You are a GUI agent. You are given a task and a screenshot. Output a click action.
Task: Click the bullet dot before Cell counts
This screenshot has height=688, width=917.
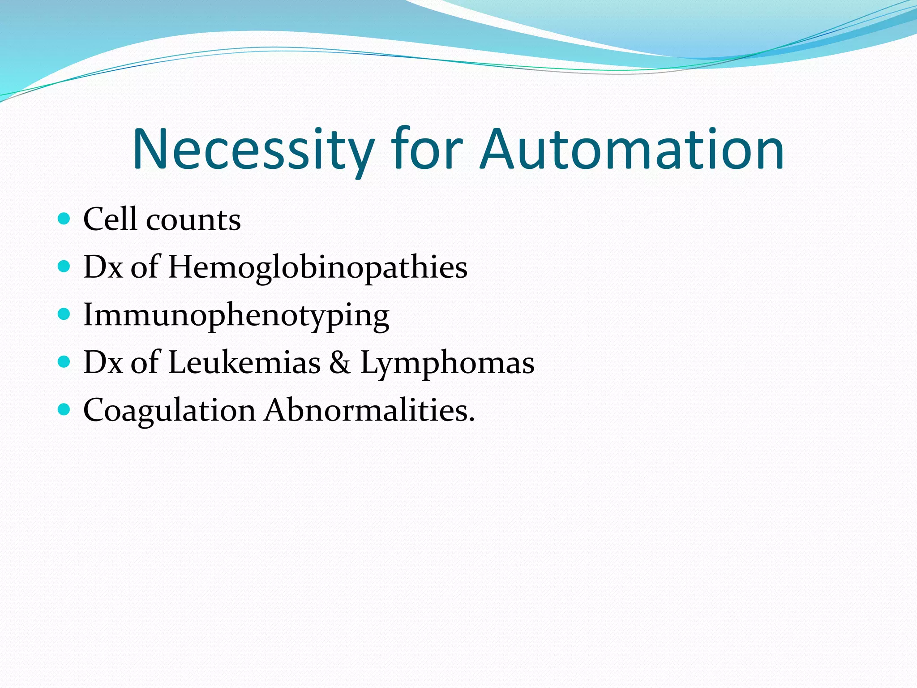[64, 219]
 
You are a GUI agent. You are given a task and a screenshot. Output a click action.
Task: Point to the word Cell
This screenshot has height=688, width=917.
[110, 219]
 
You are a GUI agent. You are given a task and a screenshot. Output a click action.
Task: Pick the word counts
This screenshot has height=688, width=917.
[193, 221]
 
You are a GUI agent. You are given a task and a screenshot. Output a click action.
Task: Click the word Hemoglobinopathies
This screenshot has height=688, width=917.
[317, 268]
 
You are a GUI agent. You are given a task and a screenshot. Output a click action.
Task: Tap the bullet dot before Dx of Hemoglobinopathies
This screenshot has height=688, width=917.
[64, 267]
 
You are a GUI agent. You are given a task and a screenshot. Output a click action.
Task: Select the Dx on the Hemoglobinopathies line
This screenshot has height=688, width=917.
[103, 267]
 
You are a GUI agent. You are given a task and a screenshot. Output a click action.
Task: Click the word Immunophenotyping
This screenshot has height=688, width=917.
[236, 316]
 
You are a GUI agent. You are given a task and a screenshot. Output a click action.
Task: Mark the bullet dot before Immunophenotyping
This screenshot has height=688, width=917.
[64, 314]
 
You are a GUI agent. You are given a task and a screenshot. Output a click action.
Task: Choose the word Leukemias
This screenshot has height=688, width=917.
[244, 362]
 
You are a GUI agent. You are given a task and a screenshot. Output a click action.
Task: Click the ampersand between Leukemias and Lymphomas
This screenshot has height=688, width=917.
[340, 362]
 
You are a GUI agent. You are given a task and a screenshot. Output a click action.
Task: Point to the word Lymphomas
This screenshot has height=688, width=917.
[447, 364]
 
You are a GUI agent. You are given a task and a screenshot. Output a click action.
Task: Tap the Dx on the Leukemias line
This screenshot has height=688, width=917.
[103, 362]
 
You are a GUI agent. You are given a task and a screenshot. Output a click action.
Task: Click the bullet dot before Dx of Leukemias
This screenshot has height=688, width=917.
[64, 362]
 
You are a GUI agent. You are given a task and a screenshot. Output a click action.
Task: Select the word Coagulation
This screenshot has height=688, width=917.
[169, 411]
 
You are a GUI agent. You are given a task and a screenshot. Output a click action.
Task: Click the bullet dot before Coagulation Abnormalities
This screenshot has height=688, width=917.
[64, 409]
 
